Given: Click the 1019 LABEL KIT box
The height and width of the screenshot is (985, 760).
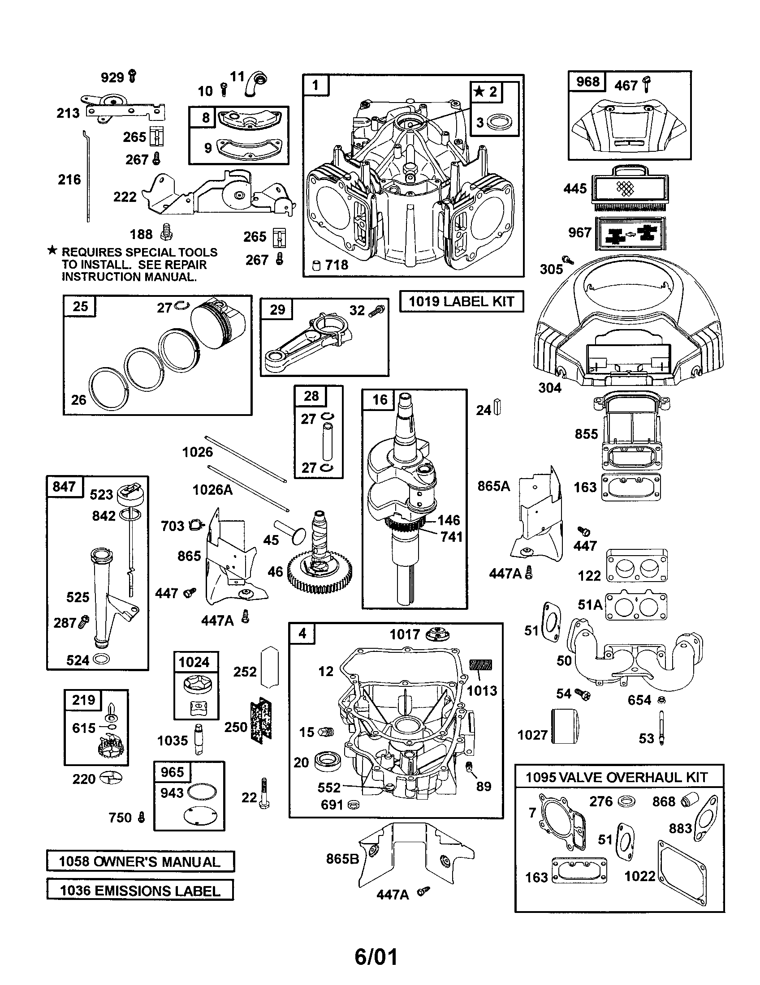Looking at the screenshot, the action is [x=462, y=301].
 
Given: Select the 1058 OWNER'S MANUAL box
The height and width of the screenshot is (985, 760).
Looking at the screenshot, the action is [x=140, y=861].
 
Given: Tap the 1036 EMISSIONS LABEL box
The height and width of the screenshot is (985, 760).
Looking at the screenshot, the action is [x=140, y=890].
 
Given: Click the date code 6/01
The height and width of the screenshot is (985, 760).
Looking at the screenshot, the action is [x=376, y=957].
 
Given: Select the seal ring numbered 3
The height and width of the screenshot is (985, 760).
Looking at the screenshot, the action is [x=501, y=122].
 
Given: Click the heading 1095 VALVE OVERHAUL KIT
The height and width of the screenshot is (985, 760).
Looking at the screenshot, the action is [x=617, y=778].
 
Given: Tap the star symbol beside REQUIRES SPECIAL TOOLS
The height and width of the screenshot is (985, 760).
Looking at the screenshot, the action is [x=52, y=250].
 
